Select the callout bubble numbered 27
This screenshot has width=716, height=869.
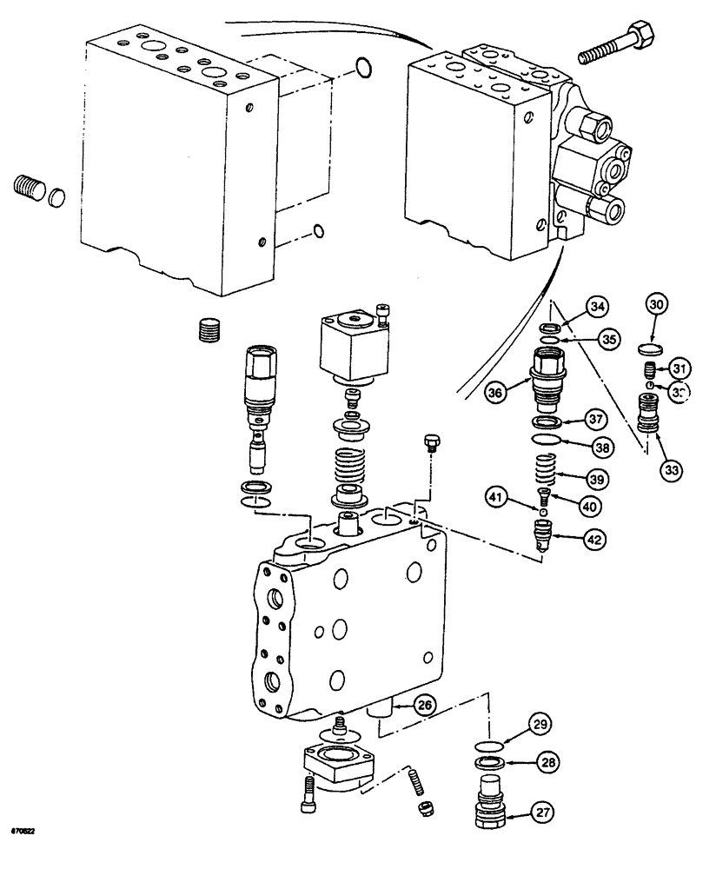click(x=543, y=815)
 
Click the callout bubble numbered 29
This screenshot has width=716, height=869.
click(x=542, y=724)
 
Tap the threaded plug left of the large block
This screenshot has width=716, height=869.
click(x=29, y=187)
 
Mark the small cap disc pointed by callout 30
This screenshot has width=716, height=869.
click(x=650, y=349)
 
